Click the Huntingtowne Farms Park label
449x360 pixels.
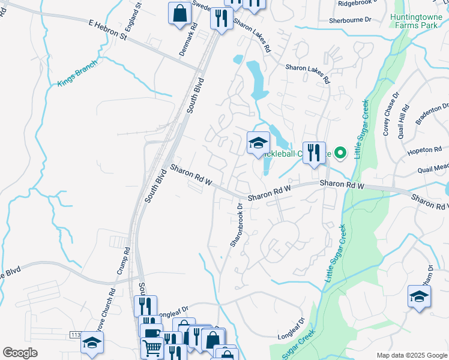[418, 22]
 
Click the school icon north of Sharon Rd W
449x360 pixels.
[259, 143]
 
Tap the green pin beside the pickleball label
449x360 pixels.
[340, 153]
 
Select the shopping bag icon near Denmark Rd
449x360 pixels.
[180, 13]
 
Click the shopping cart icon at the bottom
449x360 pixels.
[152, 346]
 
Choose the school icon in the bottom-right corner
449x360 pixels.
[419, 296]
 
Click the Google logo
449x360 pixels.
[20, 353]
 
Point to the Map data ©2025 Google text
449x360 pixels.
[411, 355]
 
